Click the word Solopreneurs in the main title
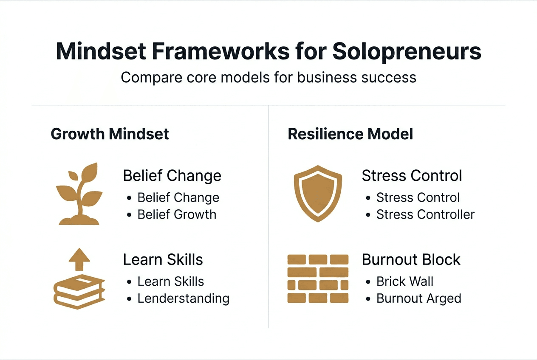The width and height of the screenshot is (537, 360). [407, 52]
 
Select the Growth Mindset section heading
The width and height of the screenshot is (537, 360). [110, 134]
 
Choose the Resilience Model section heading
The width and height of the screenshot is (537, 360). [350, 134]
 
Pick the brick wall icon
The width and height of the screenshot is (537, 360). [318, 278]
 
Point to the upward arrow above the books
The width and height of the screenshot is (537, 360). [79, 259]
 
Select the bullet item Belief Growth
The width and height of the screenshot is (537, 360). [177, 214]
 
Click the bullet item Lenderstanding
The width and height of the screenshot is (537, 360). [183, 298]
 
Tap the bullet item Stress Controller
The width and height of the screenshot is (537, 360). [425, 214]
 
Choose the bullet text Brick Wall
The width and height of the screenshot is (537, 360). [405, 281]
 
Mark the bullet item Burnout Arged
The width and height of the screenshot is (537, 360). [418, 298]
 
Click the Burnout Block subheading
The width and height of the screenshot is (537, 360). [411, 259]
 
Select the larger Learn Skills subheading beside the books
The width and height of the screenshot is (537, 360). [163, 259]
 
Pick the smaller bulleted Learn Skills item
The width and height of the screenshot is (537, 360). [170, 281]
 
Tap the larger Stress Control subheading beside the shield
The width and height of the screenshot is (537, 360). [412, 176]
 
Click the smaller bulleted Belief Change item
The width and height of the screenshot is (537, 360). [178, 197]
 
